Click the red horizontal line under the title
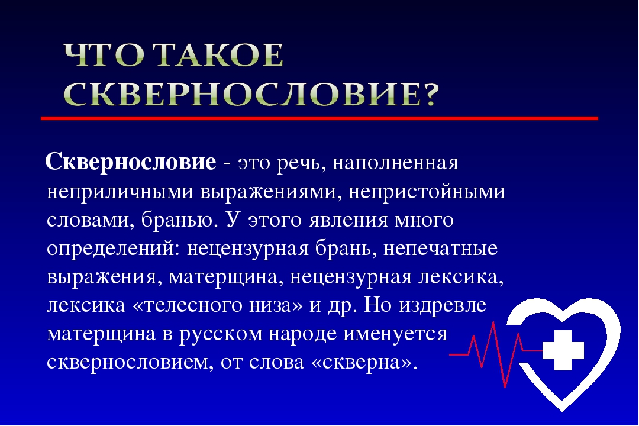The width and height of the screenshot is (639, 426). [x=319, y=118]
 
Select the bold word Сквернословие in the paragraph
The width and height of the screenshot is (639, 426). [x=131, y=162]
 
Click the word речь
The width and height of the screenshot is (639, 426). [x=301, y=164]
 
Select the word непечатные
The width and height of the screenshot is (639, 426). [x=441, y=248]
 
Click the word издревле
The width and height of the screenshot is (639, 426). [x=443, y=306]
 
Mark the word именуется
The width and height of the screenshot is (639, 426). [x=395, y=334]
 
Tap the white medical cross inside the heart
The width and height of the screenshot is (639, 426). [x=563, y=350]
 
